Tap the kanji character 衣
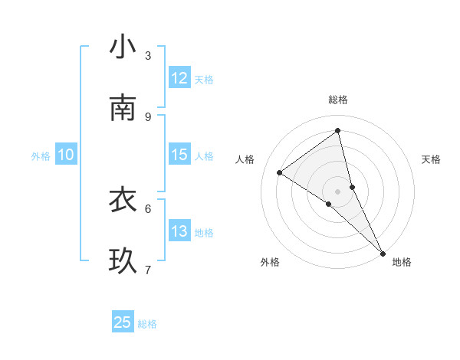(123, 200)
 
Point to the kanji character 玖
(123, 261)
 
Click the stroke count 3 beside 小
(148, 55)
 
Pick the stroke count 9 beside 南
(148, 116)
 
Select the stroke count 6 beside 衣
(148, 208)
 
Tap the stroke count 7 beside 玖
(148, 269)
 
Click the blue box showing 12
(179, 78)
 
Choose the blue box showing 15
(179, 155)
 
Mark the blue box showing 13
(179, 231)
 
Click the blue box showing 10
(66, 155)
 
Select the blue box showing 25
(123, 322)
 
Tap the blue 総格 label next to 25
(147, 324)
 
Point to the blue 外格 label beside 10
(41, 156)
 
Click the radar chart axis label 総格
(338, 100)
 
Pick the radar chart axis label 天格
(431, 159)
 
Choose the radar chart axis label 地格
(402, 262)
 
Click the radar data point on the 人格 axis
(279, 172)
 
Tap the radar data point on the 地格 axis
(383, 252)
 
